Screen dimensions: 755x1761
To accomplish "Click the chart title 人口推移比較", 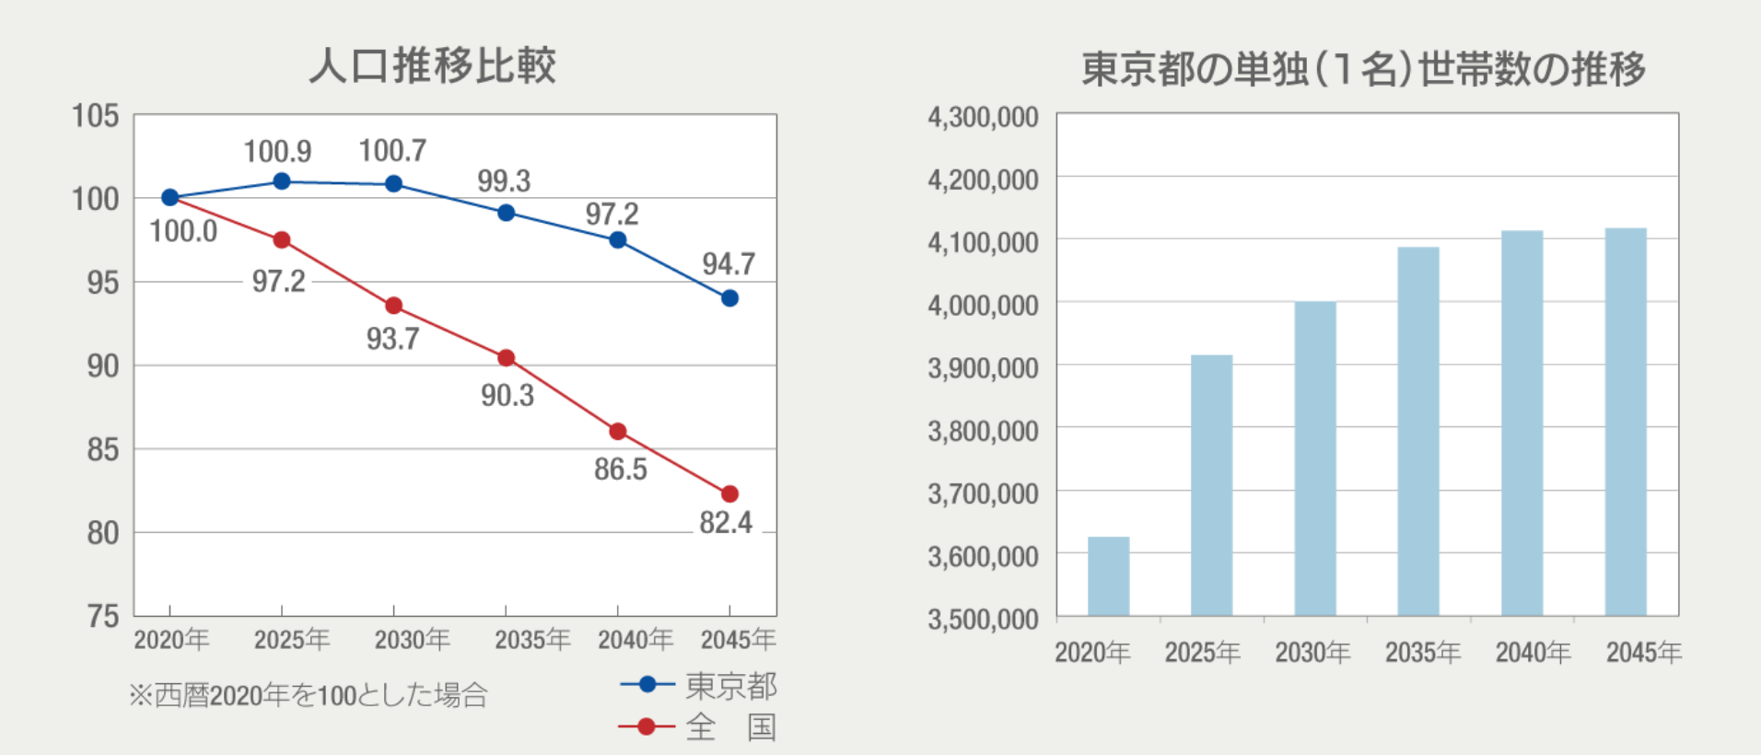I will [432, 65].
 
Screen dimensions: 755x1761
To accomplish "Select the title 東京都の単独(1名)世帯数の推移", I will [1363, 69].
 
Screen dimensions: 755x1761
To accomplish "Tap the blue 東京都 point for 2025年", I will [282, 181].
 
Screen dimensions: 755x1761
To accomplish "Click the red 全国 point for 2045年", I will [729, 494].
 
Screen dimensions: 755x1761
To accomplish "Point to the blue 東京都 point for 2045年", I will [729, 298].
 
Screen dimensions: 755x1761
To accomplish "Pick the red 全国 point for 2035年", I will [506, 358].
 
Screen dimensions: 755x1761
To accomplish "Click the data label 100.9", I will [277, 151].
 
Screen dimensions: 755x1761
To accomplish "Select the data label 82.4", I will [726, 523].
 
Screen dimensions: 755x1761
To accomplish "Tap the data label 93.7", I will [392, 339].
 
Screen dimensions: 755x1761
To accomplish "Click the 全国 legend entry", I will [698, 727].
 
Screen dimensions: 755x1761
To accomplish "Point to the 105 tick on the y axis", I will [95, 116].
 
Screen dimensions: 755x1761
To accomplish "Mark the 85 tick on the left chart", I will [102, 449].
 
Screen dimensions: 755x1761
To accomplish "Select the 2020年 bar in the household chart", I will [1108, 576].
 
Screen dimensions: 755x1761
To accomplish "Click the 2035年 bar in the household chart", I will [1417, 431].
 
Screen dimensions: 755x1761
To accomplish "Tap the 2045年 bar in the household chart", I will [1626, 422].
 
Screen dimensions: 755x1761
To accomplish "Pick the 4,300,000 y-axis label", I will [983, 117].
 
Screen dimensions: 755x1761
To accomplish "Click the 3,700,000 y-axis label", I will [983, 494].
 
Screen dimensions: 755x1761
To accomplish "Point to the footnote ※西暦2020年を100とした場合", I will [308, 694].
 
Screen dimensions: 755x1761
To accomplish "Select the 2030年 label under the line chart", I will [412, 639].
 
